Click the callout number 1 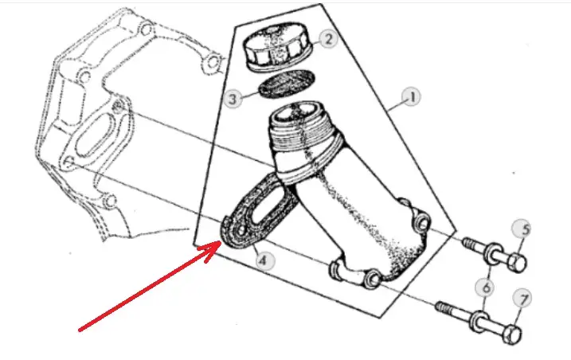[x=411, y=97]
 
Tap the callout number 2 [x=328, y=38]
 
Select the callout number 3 [x=233, y=99]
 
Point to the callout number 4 [x=263, y=260]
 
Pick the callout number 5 [x=522, y=229]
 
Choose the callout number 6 [x=485, y=288]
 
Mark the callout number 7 [x=522, y=299]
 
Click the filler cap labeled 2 [x=277, y=46]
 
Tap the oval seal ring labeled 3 [x=286, y=84]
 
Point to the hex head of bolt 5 [x=517, y=262]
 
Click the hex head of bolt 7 [x=512, y=335]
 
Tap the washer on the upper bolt [x=494, y=252]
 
